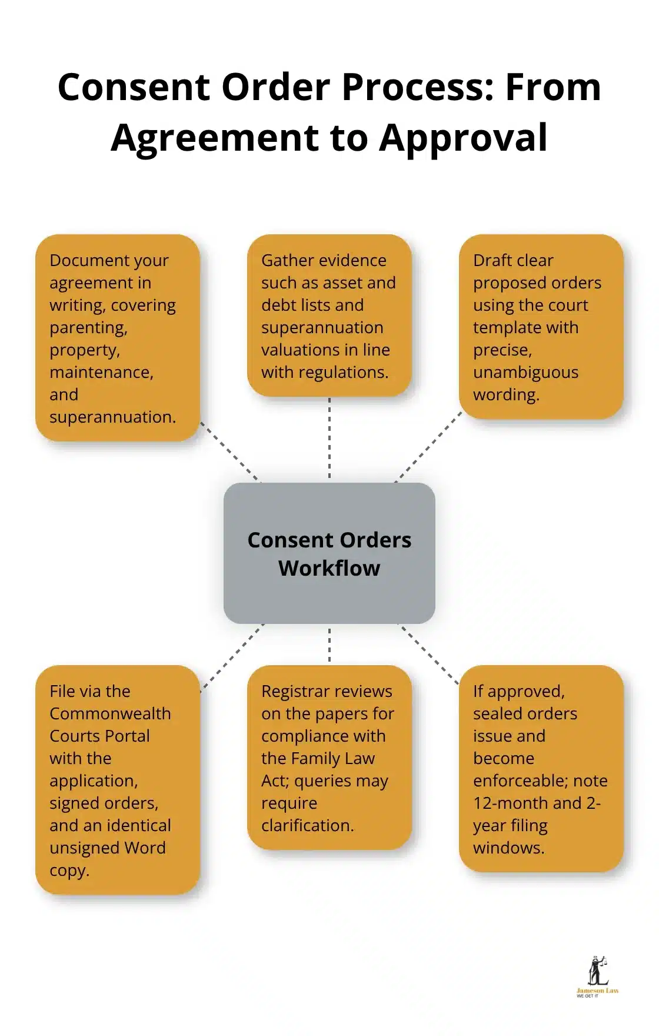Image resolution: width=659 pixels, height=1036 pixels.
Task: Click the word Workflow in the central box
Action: coord(329,569)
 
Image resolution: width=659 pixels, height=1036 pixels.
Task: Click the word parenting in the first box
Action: coord(88,328)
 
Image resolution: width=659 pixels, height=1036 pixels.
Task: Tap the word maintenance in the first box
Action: coord(101,373)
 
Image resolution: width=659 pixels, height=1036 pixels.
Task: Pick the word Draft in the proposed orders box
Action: coord(493,261)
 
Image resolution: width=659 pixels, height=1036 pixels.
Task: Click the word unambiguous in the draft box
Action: coord(525,373)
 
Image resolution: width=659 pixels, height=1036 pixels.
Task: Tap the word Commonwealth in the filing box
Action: coord(110,714)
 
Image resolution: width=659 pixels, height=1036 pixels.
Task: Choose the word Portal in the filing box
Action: coord(126,736)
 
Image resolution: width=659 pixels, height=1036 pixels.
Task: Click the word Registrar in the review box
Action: coord(297,692)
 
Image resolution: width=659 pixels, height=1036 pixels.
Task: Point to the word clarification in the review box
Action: coord(307,826)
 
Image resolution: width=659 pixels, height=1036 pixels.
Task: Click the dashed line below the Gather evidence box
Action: coord(329,439)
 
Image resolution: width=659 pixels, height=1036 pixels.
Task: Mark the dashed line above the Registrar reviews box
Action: coord(329,645)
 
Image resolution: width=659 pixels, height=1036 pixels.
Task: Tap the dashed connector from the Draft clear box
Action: coord(428,448)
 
